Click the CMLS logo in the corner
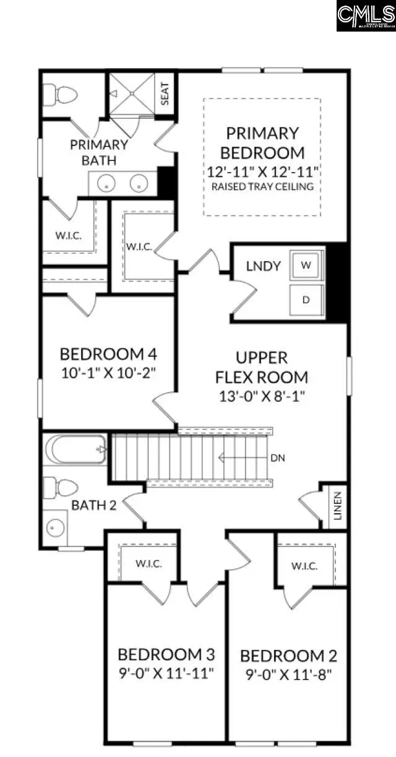tap(366, 15)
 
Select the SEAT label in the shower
tap(165, 94)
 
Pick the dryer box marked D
tap(306, 299)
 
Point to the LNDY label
tap(263, 266)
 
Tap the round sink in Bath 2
tap(56, 528)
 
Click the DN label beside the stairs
tap(278, 459)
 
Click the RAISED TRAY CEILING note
tap(262, 186)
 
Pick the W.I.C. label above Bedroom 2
tap(304, 566)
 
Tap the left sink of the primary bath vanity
tap(108, 184)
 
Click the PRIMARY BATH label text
tap(98, 152)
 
